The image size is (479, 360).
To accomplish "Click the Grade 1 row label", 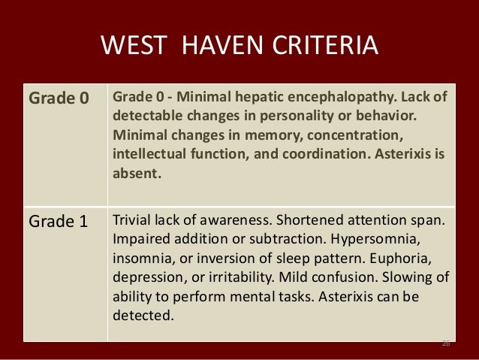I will pyautogui.click(x=58, y=222).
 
